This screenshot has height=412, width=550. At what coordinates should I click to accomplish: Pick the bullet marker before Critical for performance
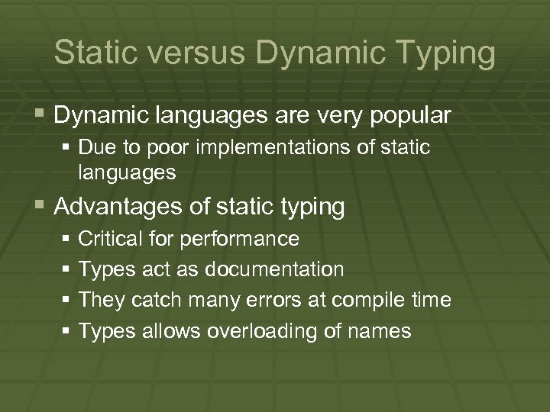click(x=66, y=240)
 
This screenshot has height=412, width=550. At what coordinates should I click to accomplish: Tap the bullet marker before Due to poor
click(x=66, y=147)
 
